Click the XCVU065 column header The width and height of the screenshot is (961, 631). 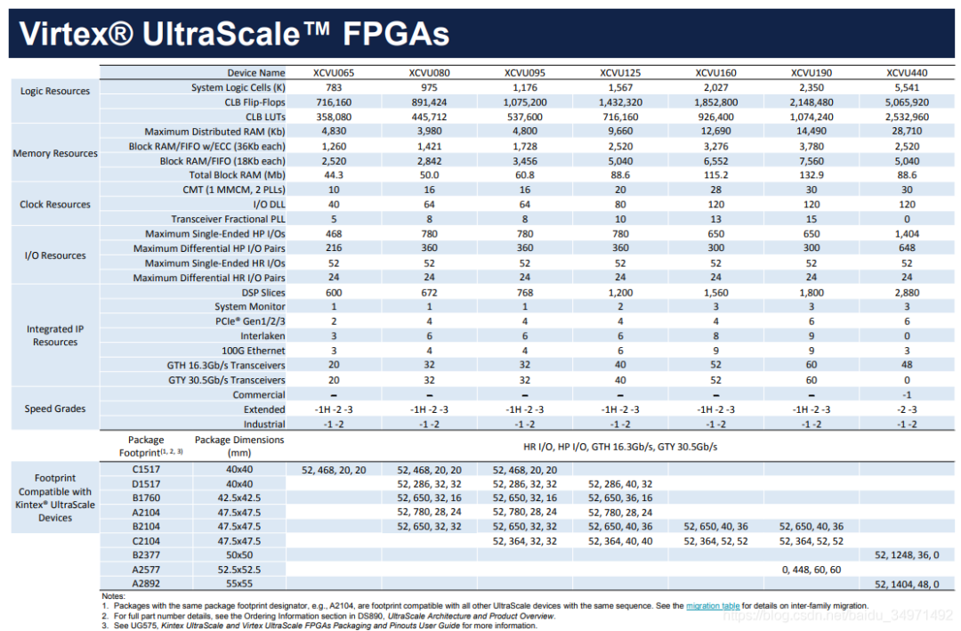334,72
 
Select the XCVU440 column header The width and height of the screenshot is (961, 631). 907,72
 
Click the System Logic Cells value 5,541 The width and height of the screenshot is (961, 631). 907,87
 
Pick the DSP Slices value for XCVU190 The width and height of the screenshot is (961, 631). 812,292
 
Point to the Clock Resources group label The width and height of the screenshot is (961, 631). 55,205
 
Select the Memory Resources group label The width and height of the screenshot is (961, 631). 55,153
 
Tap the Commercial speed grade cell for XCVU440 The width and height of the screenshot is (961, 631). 907,394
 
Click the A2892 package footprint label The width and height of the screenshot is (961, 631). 146,583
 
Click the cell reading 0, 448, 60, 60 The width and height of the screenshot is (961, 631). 812,569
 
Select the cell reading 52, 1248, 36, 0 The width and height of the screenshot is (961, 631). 907,554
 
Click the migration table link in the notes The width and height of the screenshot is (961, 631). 712,606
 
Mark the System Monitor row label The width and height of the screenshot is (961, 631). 250,306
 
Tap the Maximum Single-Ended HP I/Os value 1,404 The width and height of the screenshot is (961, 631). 907,233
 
